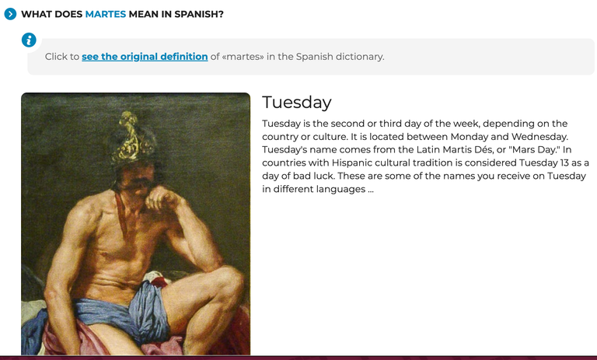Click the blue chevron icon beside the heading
(x=10, y=14)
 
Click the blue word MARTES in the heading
(x=106, y=14)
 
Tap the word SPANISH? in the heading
(x=199, y=14)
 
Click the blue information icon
(x=29, y=40)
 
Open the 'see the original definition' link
(x=145, y=57)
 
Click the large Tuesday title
(x=297, y=102)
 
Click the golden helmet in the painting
(x=133, y=137)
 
